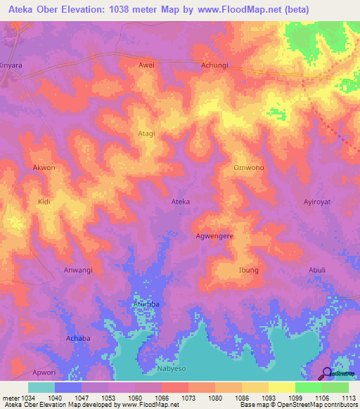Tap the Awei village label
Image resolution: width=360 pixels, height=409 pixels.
146,65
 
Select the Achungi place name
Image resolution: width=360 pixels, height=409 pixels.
215,65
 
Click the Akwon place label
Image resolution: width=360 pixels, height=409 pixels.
44,168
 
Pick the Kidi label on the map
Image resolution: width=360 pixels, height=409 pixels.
44,202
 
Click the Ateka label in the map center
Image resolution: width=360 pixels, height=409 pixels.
181,202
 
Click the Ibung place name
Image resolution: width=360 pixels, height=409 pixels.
249,270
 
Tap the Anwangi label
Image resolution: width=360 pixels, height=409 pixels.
78,270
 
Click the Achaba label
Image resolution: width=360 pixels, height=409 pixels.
78,338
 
